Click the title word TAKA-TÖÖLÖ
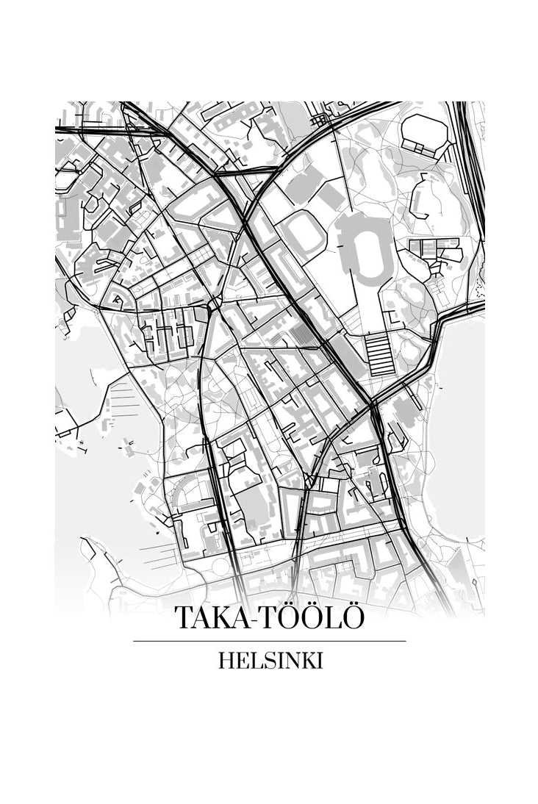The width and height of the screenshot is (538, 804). [x=269, y=618]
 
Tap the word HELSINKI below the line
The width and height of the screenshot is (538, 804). [x=270, y=661]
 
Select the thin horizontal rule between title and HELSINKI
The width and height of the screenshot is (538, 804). [x=269, y=641]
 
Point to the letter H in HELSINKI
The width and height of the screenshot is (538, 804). [x=226, y=661]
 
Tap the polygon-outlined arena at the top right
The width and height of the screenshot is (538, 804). [x=425, y=132]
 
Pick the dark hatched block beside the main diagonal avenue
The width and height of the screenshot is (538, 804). [x=297, y=335]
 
